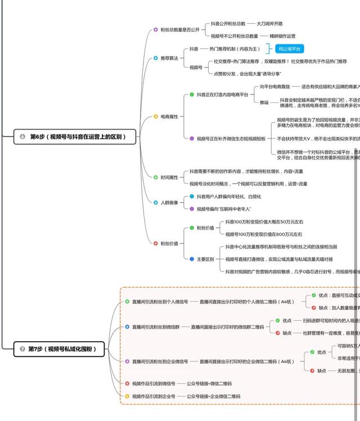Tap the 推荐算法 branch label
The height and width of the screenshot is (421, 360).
(169, 58)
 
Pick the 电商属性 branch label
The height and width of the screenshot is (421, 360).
(169, 116)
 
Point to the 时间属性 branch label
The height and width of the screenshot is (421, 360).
(169, 177)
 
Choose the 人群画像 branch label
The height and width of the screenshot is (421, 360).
(169, 202)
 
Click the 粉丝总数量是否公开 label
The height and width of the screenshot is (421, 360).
(176, 29)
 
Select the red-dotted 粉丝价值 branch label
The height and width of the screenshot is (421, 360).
(169, 243)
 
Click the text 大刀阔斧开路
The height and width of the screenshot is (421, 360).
(269, 24)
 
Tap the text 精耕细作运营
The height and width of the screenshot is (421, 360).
(282, 35)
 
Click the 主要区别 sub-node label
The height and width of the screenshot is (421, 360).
(205, 259)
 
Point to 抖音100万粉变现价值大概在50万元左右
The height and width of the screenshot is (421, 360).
(264, 222)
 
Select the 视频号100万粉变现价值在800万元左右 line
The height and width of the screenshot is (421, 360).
(264, 234)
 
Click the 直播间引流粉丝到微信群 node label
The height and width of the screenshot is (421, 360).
(156, 327)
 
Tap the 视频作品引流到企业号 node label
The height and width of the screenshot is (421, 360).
(154, 396)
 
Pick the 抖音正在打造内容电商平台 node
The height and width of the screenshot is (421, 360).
(222, 95)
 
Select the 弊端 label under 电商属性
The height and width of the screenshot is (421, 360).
(264, 102)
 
